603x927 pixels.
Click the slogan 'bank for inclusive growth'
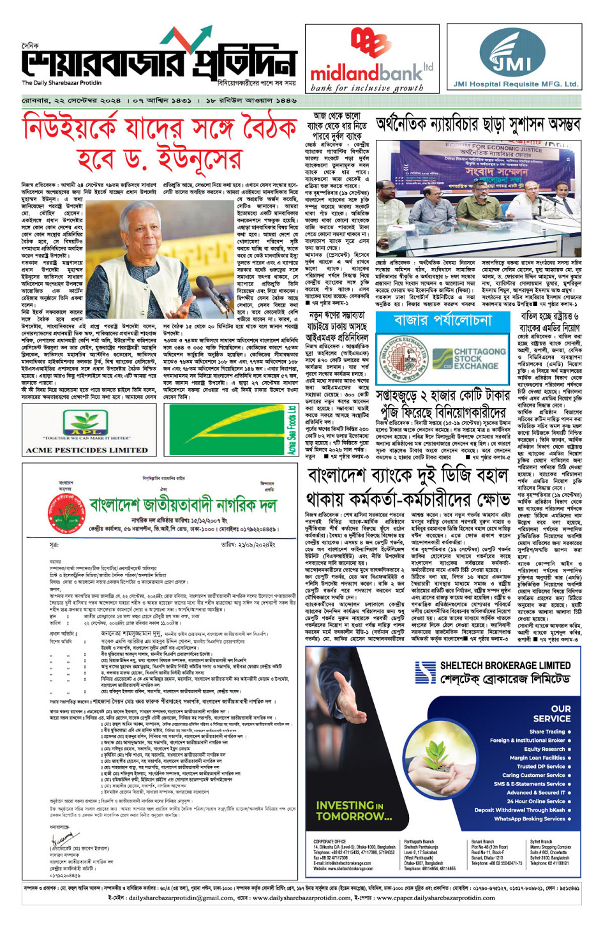366,88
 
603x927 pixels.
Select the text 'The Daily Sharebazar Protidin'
61,82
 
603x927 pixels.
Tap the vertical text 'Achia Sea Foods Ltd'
292,430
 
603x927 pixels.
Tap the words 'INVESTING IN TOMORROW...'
354,810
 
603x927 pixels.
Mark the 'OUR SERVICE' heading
552,713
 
